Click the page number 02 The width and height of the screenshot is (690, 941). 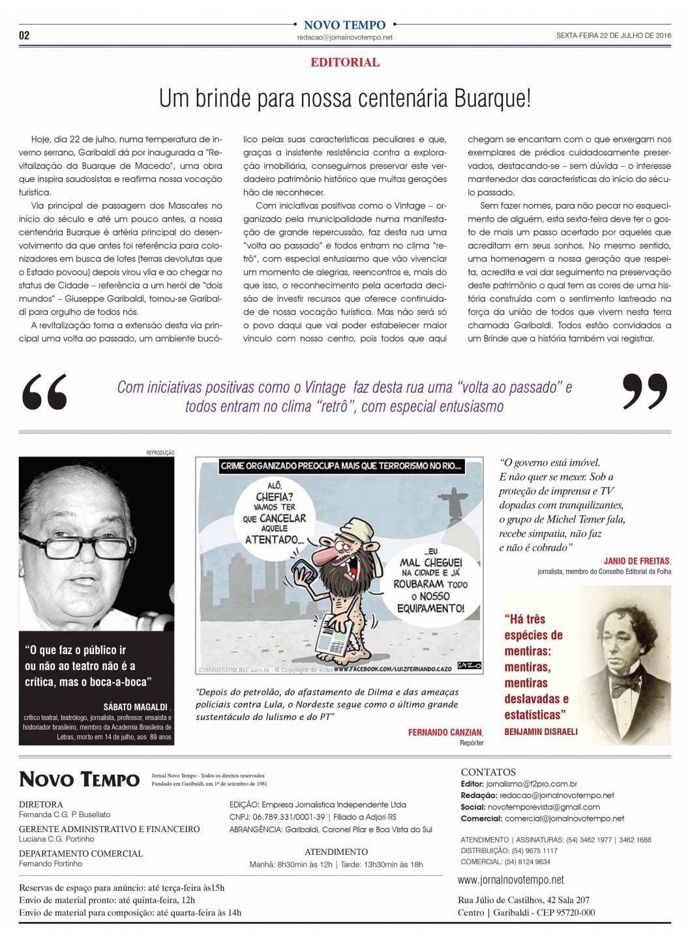[x=24, y=35]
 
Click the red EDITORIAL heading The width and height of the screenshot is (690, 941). [x=345, y=63]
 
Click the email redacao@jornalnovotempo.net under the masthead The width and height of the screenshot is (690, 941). [x=345, y=38]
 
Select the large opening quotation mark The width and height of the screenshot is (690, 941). [x=44, y=393]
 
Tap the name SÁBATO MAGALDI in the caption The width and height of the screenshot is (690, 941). [x=136, y=707]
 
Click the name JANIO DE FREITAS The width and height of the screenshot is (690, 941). [x=637, y=561]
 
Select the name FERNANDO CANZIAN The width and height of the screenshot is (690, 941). [x=445, y=732]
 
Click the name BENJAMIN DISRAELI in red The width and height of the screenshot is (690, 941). [x=541, y=731]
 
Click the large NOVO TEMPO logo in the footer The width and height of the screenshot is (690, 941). [x=79, y=779]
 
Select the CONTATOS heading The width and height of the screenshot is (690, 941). [x=488, y=772]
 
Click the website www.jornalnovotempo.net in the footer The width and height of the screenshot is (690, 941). [x=511, y=880]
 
